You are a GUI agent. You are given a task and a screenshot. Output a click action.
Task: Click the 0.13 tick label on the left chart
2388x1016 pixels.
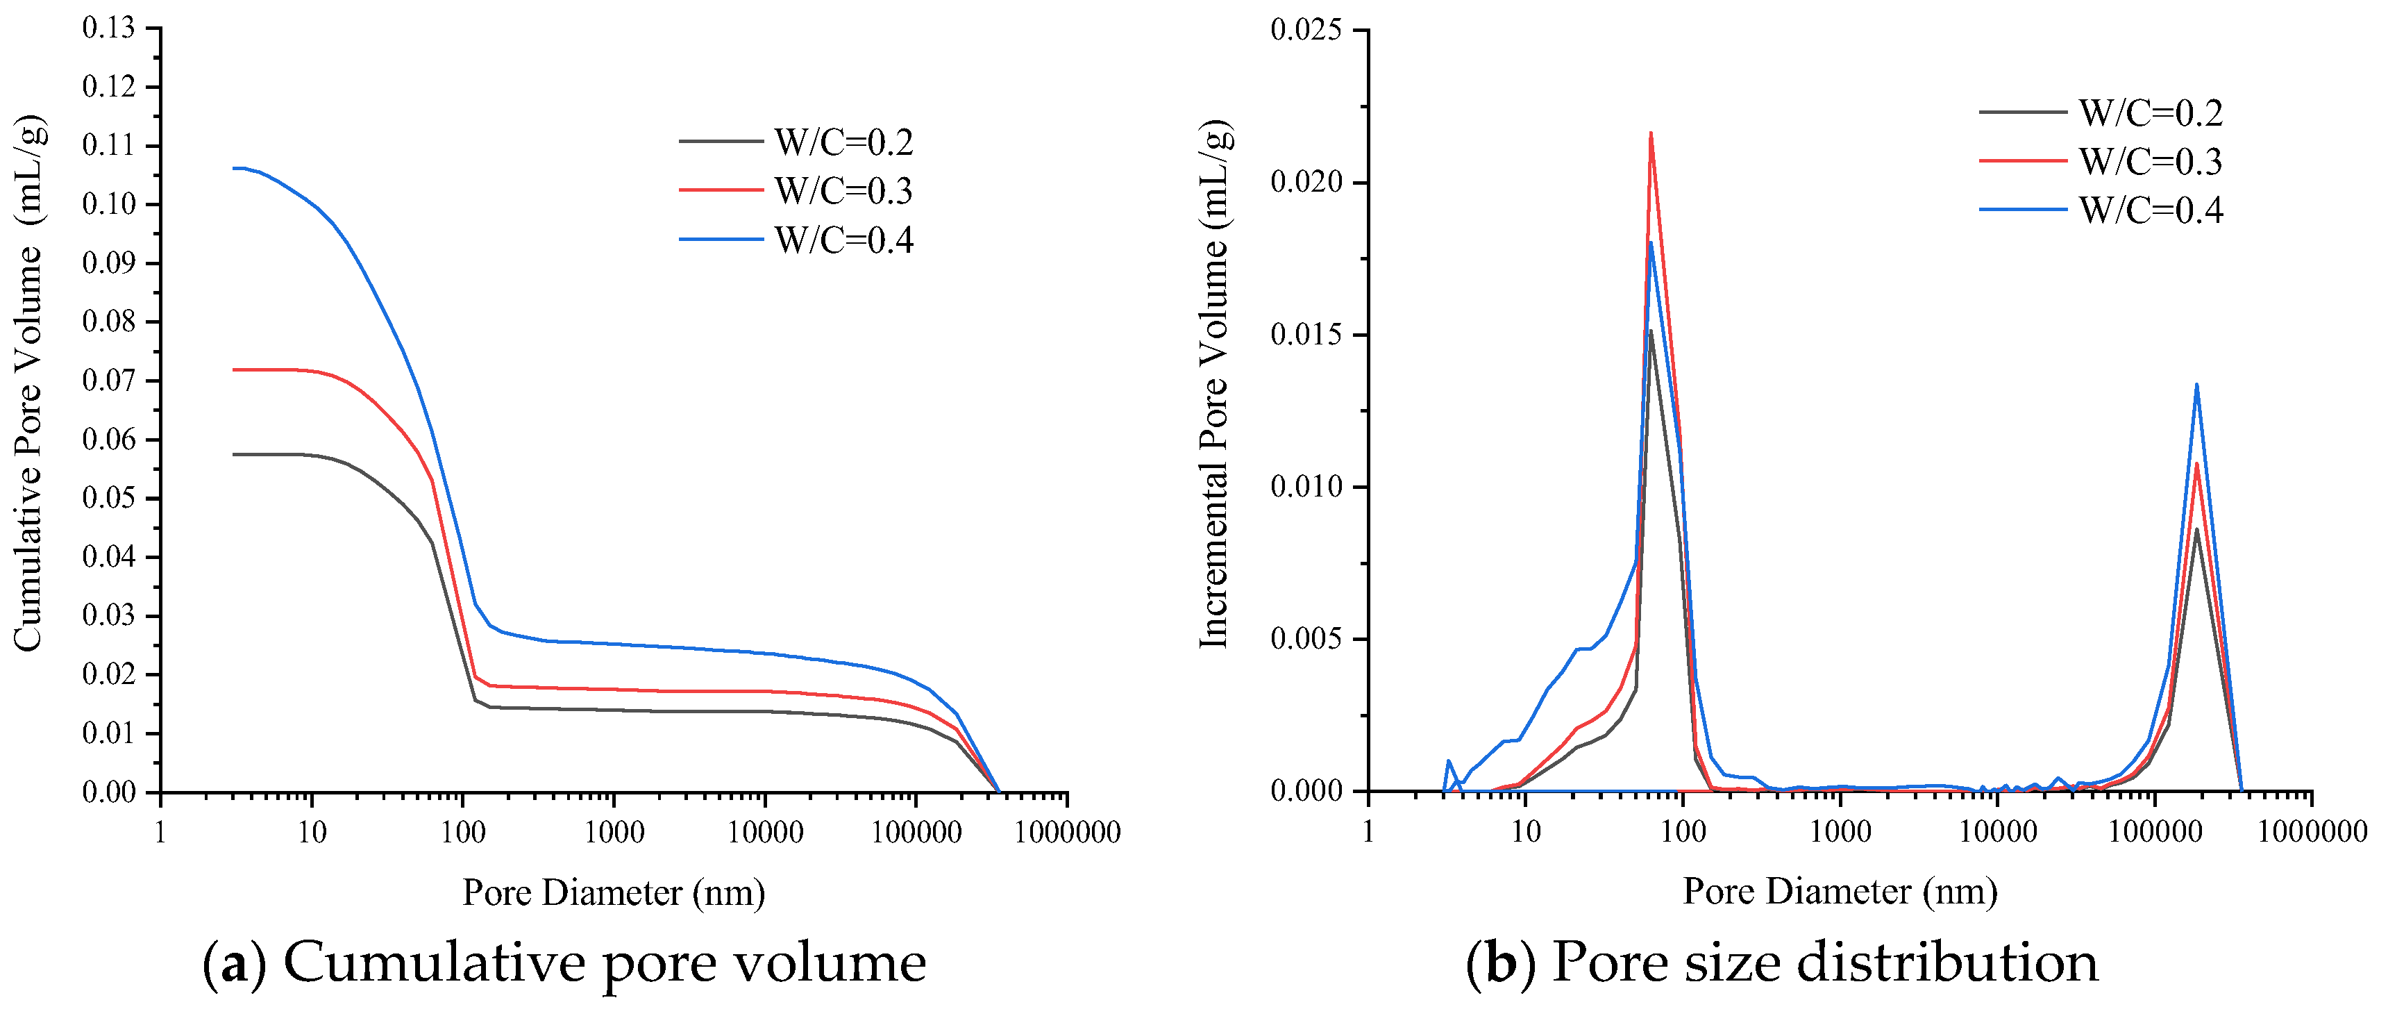coord(108,28)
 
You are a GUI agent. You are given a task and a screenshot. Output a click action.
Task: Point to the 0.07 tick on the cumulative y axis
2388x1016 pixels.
coord(108,380)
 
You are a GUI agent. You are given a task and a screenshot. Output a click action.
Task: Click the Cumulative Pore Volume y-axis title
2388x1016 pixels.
coord(28,383)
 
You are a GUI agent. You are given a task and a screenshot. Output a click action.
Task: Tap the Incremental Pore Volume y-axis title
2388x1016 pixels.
coord(1214,383)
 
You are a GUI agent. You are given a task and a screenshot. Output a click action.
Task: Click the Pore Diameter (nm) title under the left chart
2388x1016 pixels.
coord(614,892)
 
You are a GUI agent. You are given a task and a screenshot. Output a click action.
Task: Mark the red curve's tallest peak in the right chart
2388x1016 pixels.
coord(1651,133)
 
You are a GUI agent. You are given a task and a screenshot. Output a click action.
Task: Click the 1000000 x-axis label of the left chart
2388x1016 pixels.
coord(1067,833)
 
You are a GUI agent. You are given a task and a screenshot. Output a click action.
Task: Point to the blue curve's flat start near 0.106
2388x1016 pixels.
coord(239,168)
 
